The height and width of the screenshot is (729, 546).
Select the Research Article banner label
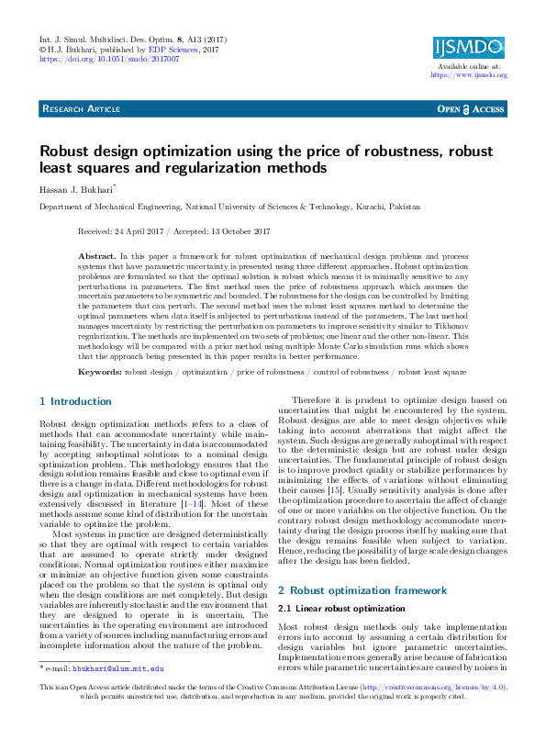click(82, 109)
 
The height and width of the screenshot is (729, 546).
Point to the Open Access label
click(471, 109)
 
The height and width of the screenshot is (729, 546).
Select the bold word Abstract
click(96, 252)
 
